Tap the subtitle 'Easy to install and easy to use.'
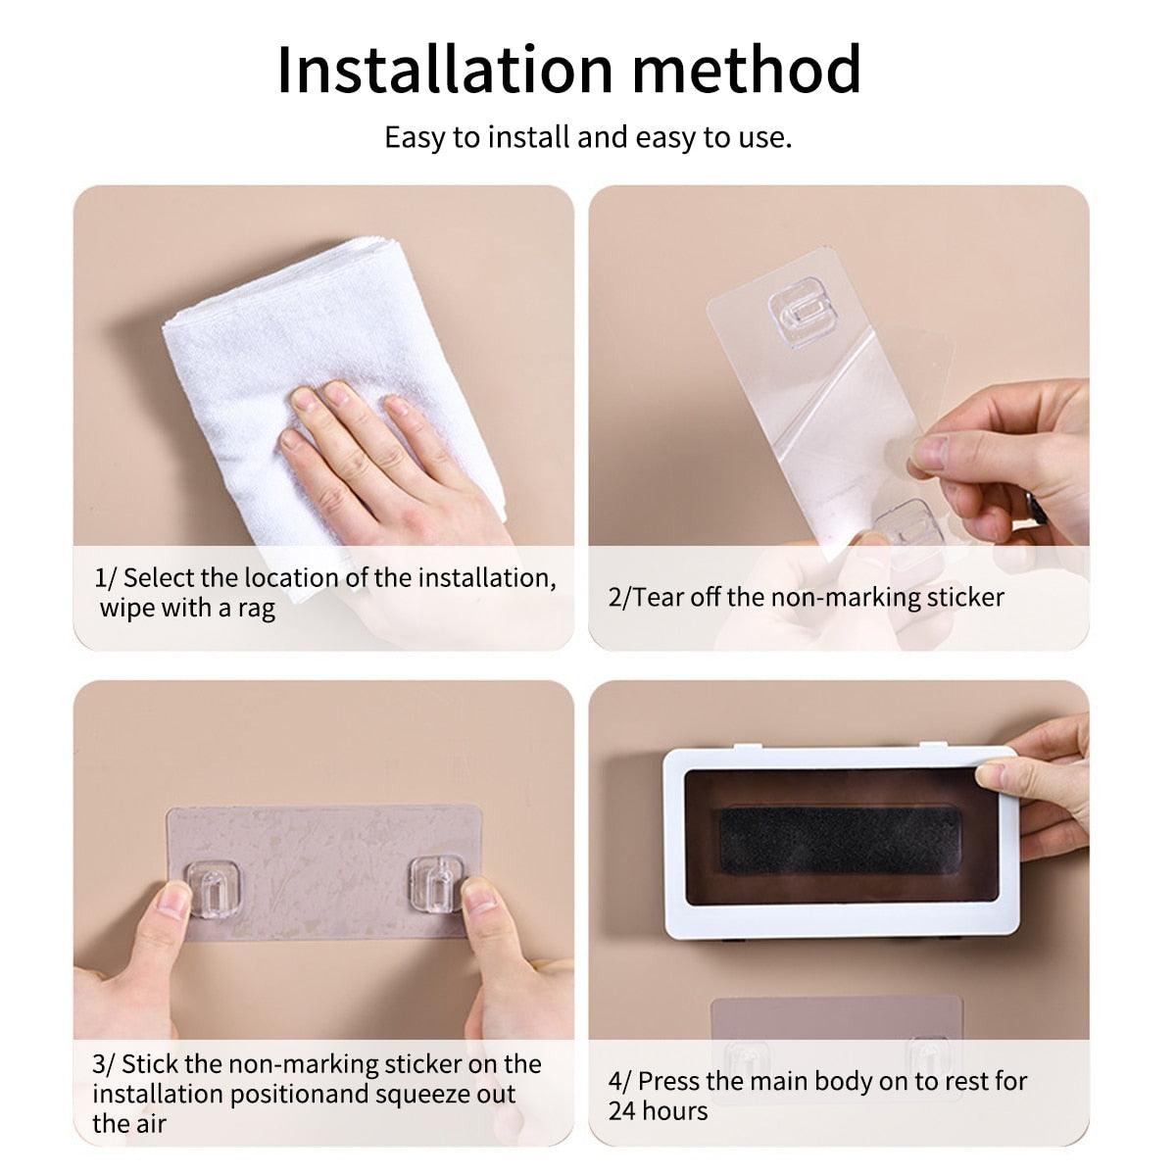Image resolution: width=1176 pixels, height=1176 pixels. coord(587,137)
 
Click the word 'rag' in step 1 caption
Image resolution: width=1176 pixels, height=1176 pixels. coord(257,609)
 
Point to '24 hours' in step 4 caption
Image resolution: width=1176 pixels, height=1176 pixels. coord(658,1111)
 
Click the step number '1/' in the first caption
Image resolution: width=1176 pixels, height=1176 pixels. coord(104,578)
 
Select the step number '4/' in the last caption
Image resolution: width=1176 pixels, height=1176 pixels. coord(619,1082)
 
